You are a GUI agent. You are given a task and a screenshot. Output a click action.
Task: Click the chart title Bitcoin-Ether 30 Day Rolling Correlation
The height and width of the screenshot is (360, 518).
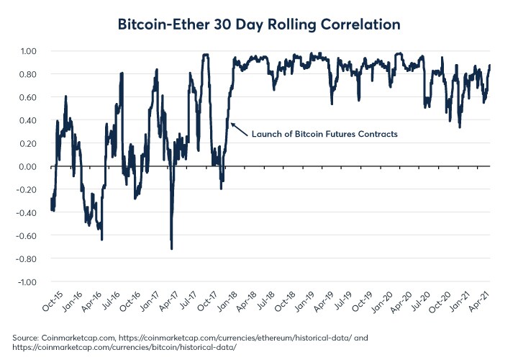point(259,24)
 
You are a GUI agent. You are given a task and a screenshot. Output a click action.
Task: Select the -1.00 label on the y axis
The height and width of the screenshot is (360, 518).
point(27,282)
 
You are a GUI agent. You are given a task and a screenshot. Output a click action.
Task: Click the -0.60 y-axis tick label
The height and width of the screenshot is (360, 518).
point(27,235)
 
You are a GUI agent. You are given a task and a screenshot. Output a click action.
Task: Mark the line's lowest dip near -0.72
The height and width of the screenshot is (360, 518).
point(171,248)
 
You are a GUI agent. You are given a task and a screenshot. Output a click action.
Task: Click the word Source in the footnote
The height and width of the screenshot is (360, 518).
point(25,337)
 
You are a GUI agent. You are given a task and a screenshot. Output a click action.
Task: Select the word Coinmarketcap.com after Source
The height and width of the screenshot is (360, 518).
point(76,337)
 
